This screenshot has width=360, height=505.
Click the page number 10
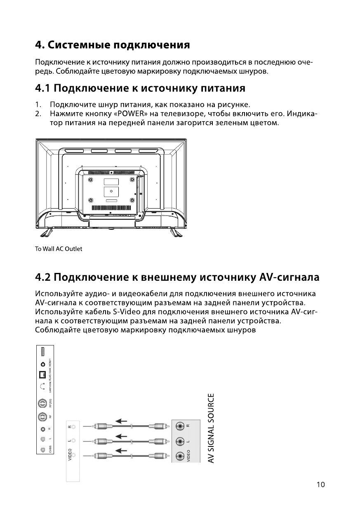(x=320, y=484)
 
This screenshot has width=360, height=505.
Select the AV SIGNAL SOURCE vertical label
(x=211, y=428)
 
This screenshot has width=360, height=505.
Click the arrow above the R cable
(x=121, y=420)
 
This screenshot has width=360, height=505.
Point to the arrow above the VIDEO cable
(x=121, y=451)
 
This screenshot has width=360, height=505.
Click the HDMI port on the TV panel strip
(x=42, y=352)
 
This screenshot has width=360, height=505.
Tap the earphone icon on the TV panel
(x=42, y=387)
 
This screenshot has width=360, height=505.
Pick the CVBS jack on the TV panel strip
(x=42, y=451)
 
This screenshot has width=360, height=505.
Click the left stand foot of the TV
(x=46, y=233)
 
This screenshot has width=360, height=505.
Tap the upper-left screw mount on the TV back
(x=90, y=180)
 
